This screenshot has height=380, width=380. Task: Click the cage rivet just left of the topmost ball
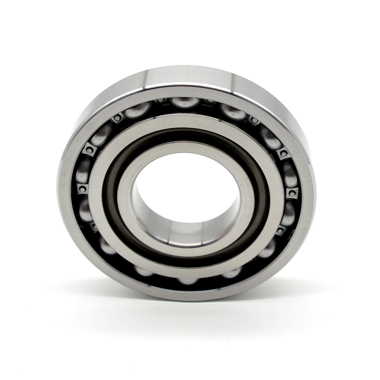[161, 101]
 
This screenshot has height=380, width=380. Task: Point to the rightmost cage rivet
[291, 192]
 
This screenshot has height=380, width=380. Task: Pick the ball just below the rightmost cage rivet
[287, 213]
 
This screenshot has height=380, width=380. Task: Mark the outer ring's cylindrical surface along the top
[190, 76]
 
